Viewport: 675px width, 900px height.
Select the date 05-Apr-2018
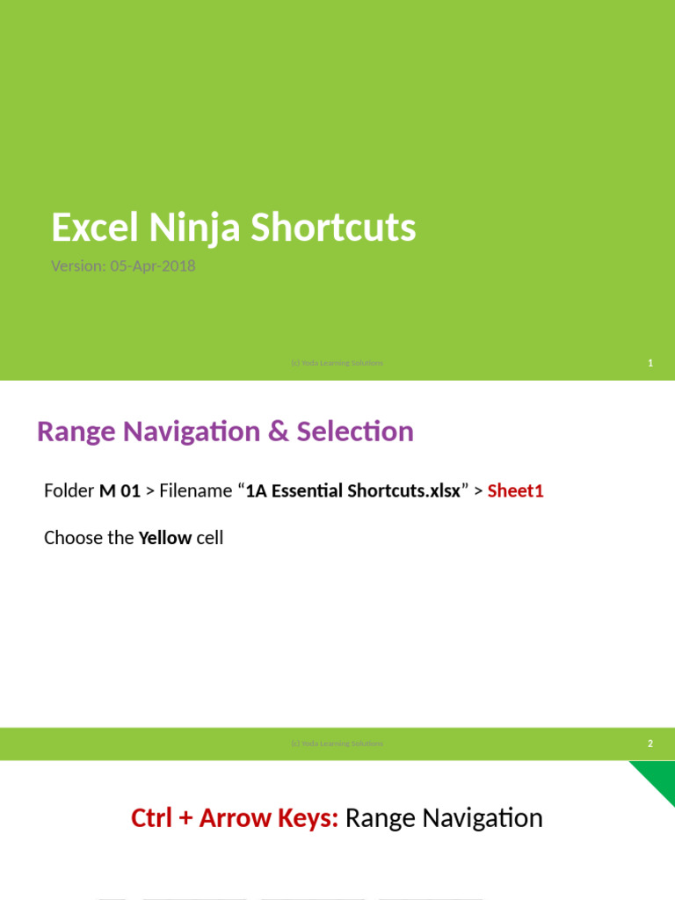[x=153, y=265]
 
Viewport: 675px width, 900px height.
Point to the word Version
[x=76, y=265]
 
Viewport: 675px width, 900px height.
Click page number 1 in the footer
[x=650, y=363]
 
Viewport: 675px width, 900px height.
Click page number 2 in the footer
[x=650, y=744]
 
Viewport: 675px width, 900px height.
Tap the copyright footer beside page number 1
[x=337, y=363]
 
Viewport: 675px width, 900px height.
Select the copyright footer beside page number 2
[x=337, y=744]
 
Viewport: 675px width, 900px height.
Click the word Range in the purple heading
[x=75, y=432]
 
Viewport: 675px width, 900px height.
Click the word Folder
[x=69, y=490]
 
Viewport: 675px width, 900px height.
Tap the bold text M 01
[x=120, y=490]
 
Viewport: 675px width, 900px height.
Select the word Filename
[x=194, y=490]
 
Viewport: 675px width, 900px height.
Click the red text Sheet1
[x=516, y=490]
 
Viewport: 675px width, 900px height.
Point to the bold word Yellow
[x=165, y=538]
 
